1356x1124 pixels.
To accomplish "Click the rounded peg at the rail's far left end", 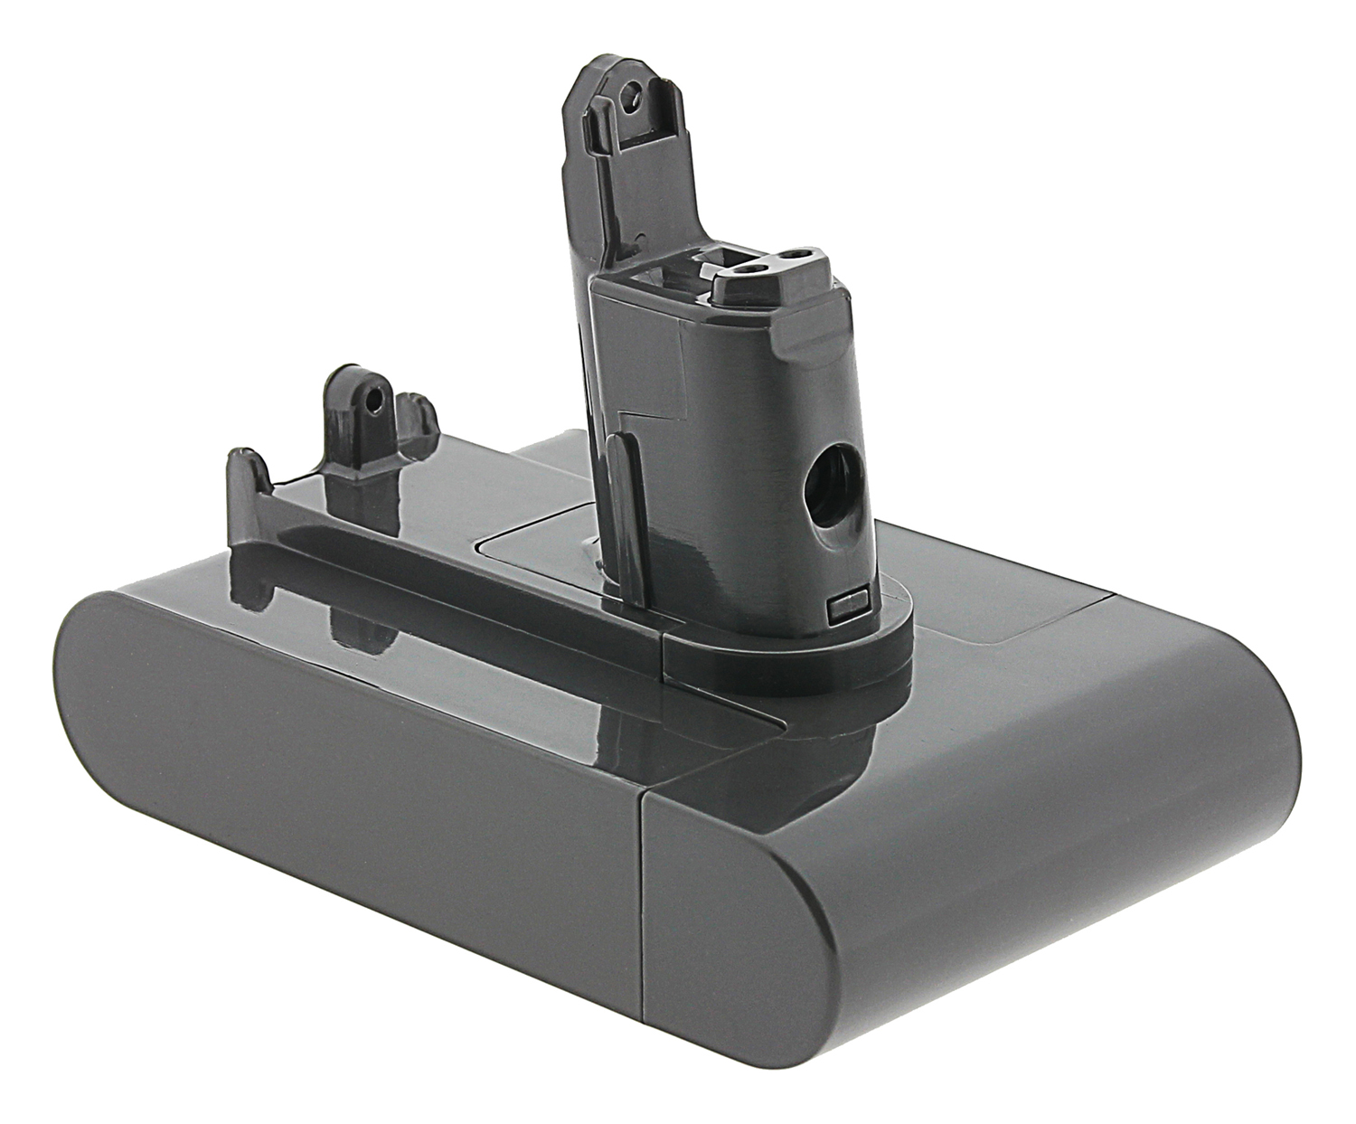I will (x=245, y=477).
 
